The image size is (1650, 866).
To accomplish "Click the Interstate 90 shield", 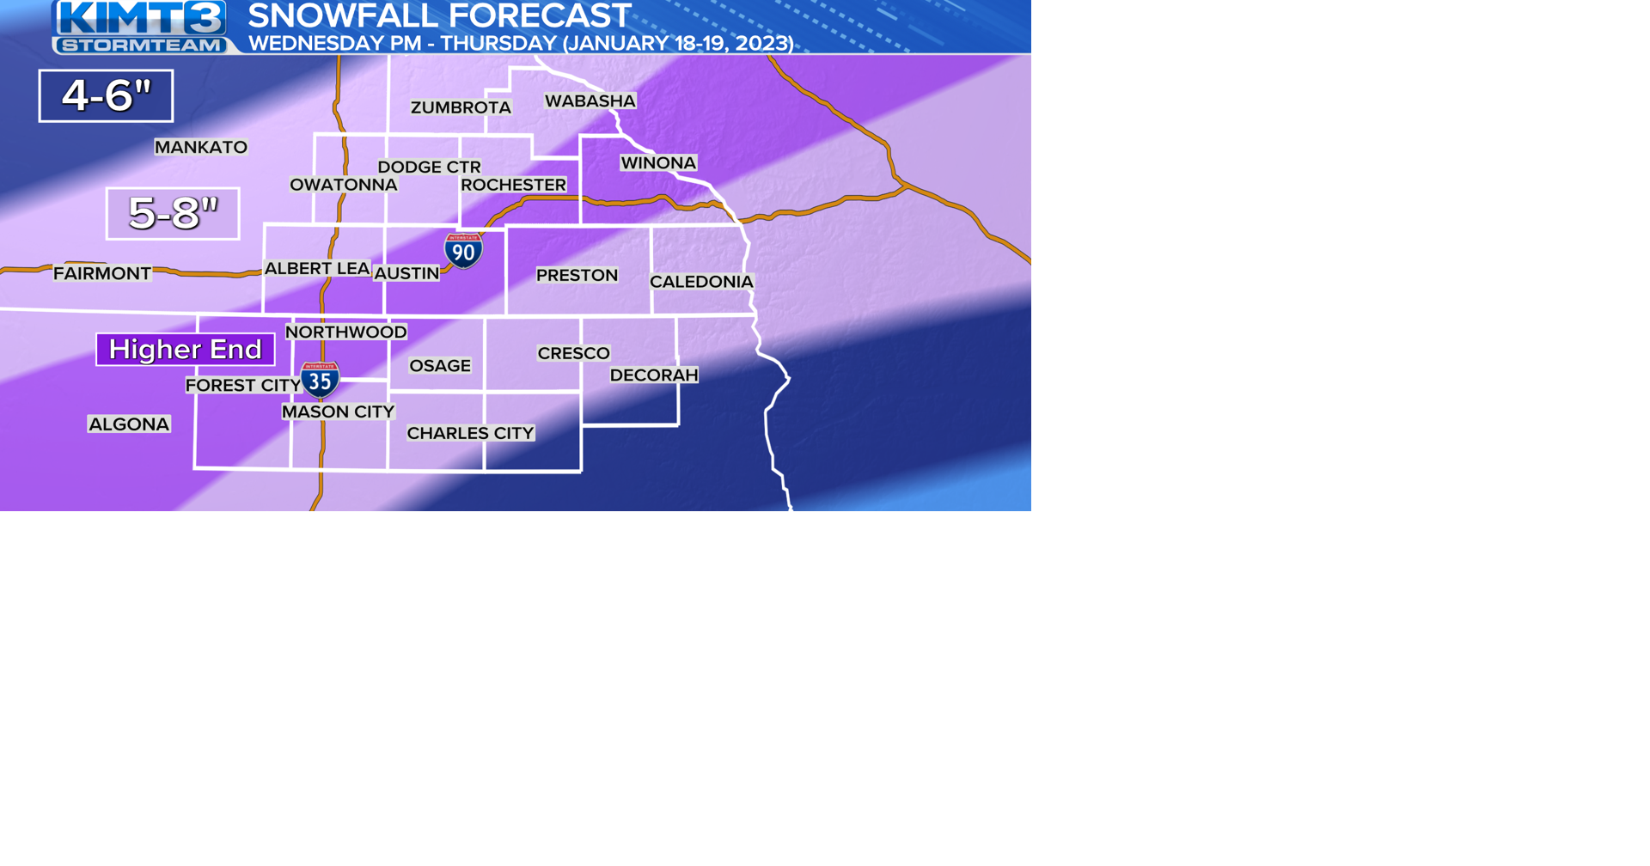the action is (x=462, y=251).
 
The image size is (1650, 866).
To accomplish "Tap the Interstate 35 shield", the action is (x=320, y=379).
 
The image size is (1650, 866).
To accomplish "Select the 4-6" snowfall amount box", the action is (x=106, y=95).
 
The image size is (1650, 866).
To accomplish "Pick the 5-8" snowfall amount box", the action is (x=173, y=213).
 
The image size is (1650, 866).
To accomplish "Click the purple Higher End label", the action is (x=186, y=350).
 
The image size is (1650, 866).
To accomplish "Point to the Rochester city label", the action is (x=513, y=185).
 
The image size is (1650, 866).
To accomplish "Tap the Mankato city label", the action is (x=201, y=147).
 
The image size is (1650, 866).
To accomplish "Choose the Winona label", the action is (x=658, y=163).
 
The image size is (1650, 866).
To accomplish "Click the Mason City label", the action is (x=339, y=412).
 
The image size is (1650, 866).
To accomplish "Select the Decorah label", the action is (x=654, y=375).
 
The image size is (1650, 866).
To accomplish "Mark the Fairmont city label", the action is (x=102, y=273).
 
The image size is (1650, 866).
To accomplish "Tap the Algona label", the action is (x=129, y=424).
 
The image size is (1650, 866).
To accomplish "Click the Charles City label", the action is (x=470, y=433).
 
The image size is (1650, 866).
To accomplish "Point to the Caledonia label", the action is (x=701, y=282).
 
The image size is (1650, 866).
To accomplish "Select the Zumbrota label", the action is (x=461, y=107).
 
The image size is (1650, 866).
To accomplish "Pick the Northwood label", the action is (x=345, y=332).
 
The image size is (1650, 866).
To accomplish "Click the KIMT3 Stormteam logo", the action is (x=140, y=27).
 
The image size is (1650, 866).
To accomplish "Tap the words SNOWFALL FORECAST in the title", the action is (x=439, y=15).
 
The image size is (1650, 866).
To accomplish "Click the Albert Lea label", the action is (x=317, y=269).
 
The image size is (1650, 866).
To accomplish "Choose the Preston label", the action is (x=577, y=275).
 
